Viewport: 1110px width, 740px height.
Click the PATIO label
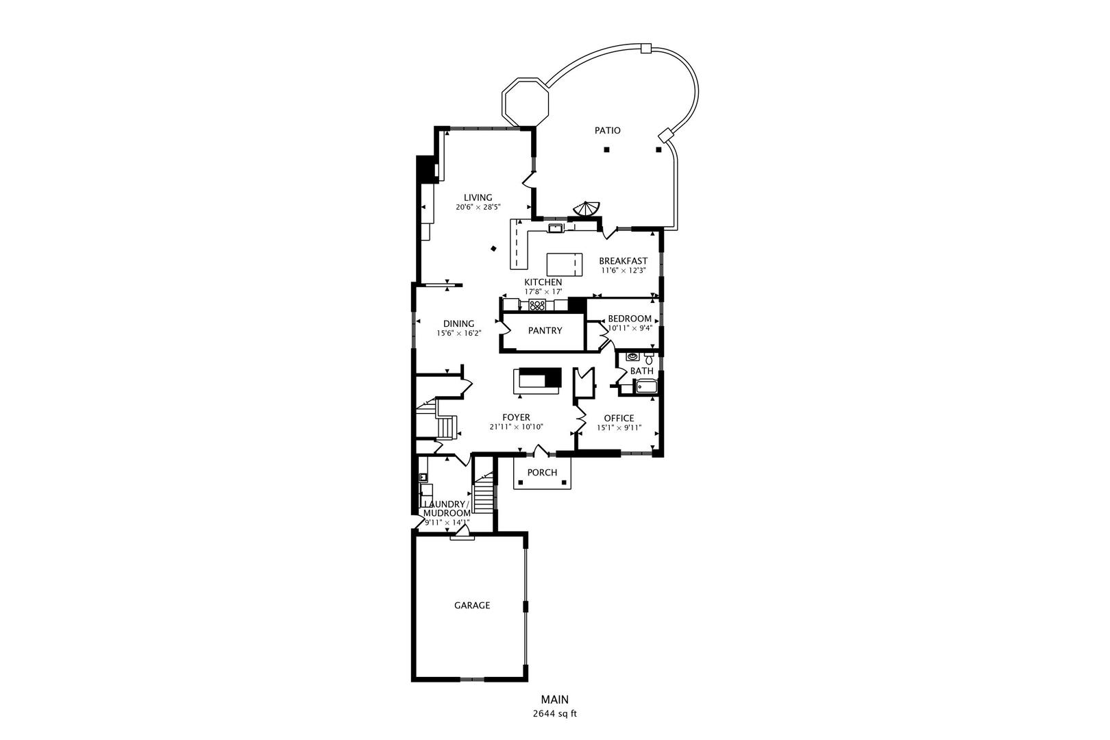[x=608, y=130]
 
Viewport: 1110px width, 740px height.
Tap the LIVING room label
[x=478, y=197]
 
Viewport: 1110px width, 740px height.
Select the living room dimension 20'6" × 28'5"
[x=478, y=207]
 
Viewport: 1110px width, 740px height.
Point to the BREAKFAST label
[x=624, y=260]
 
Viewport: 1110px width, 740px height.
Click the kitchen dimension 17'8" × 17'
[x=543, y=292]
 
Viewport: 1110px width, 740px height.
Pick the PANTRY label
[x=545, y=330]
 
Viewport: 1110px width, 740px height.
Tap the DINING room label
[x=459, y=323]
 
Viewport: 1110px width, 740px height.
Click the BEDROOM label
[x=630, y=319]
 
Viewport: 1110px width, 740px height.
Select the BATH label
[x=642, y=371]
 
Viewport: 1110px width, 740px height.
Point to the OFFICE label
[x=619, y=418]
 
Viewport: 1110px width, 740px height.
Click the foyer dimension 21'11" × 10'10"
[x=517, y=428]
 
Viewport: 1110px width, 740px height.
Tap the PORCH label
[x=542, y=472]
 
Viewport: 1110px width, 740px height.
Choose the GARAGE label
[x=472, y=605]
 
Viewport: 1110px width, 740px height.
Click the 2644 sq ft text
[x=555, y=714]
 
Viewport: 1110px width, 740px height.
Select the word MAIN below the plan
[x=555, y=700]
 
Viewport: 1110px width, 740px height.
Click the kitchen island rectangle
[x=565, y=264]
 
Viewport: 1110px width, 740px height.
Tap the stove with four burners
[x=537, y=305]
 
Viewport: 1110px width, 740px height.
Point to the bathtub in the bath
[x=646, y=386]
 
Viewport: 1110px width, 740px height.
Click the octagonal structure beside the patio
[x=526, y=101]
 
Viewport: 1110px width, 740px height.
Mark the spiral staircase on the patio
[x=587, y=209]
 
